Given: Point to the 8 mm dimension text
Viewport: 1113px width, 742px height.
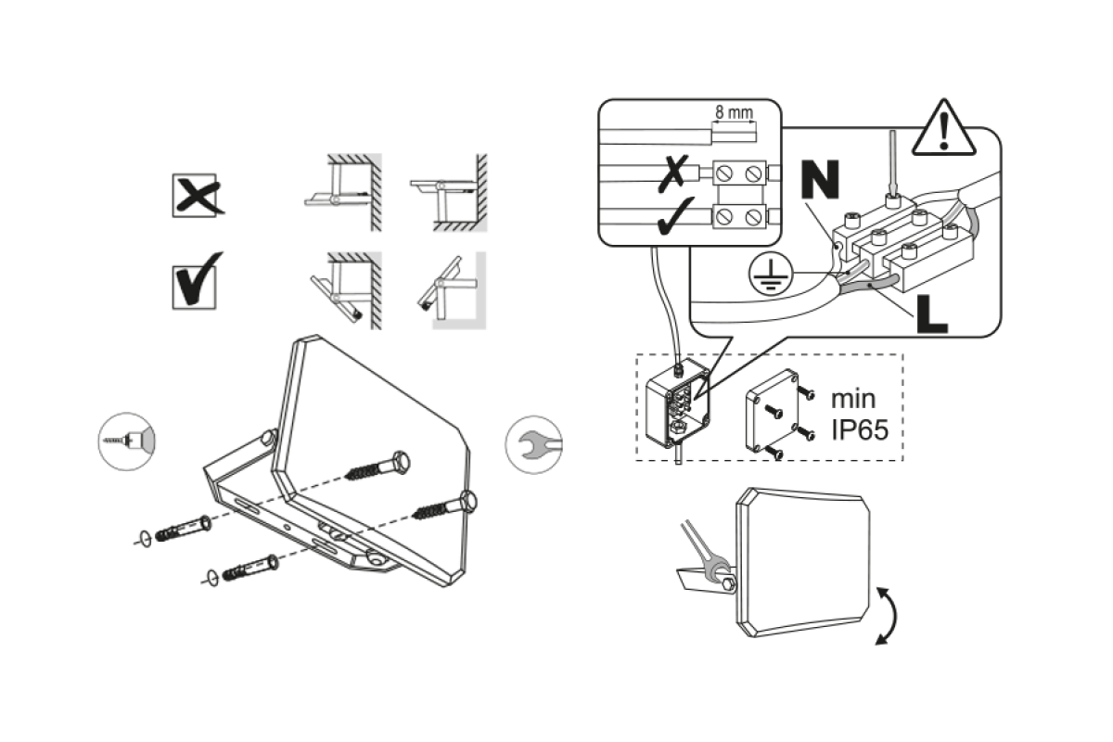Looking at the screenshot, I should (734, 110).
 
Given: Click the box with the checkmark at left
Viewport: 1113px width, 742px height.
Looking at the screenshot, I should (198, 279).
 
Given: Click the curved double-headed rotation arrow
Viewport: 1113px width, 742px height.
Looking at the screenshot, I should (887, 614).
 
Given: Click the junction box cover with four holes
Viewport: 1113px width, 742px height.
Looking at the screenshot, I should (774, 408).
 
